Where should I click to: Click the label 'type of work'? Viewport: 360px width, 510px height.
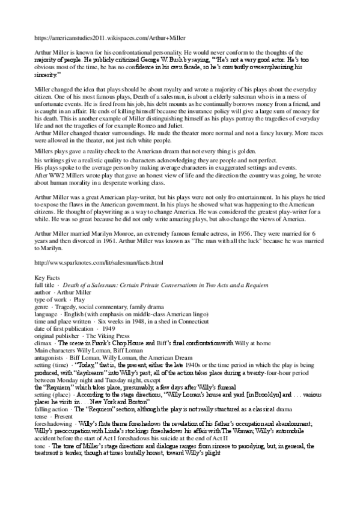pyautogui.click(x=50, y=299)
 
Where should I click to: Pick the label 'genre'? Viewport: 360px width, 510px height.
pyautogui.click(x=42, y=306)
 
